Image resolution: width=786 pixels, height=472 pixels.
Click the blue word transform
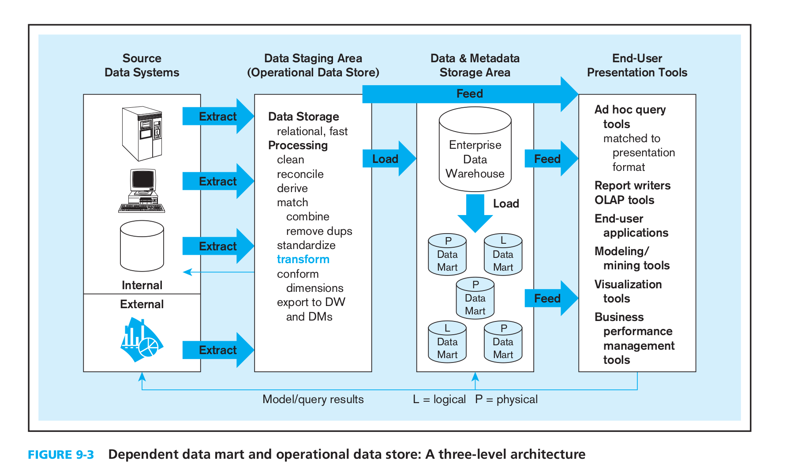[303, 259]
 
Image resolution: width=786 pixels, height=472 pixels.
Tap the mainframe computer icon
[142, 134]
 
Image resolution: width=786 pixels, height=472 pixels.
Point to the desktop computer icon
[142, 191]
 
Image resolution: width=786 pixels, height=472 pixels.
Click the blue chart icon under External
[142, 339]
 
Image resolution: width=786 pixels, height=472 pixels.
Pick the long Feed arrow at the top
[470, 94]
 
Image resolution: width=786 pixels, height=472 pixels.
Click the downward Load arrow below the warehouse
[475, 213]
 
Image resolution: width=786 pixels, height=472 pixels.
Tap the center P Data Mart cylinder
[475, 298]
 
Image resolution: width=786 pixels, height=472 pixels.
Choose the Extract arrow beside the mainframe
[218, 116]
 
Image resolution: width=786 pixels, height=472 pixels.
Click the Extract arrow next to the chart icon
[218, 350]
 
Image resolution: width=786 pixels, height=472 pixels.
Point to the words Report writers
[632, 185]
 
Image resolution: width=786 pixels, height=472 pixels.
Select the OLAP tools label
[624, 200]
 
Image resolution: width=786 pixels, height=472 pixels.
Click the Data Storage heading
[303, 117]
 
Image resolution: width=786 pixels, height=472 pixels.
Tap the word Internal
[142, 285]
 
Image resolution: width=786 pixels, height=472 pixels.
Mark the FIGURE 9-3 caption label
[61, 454]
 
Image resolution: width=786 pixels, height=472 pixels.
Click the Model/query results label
[313, 399]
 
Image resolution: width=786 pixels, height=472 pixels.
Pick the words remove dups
[319, 231]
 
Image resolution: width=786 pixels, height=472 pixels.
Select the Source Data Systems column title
[142, 65]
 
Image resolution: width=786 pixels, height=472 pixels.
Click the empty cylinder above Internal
[142, 246]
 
